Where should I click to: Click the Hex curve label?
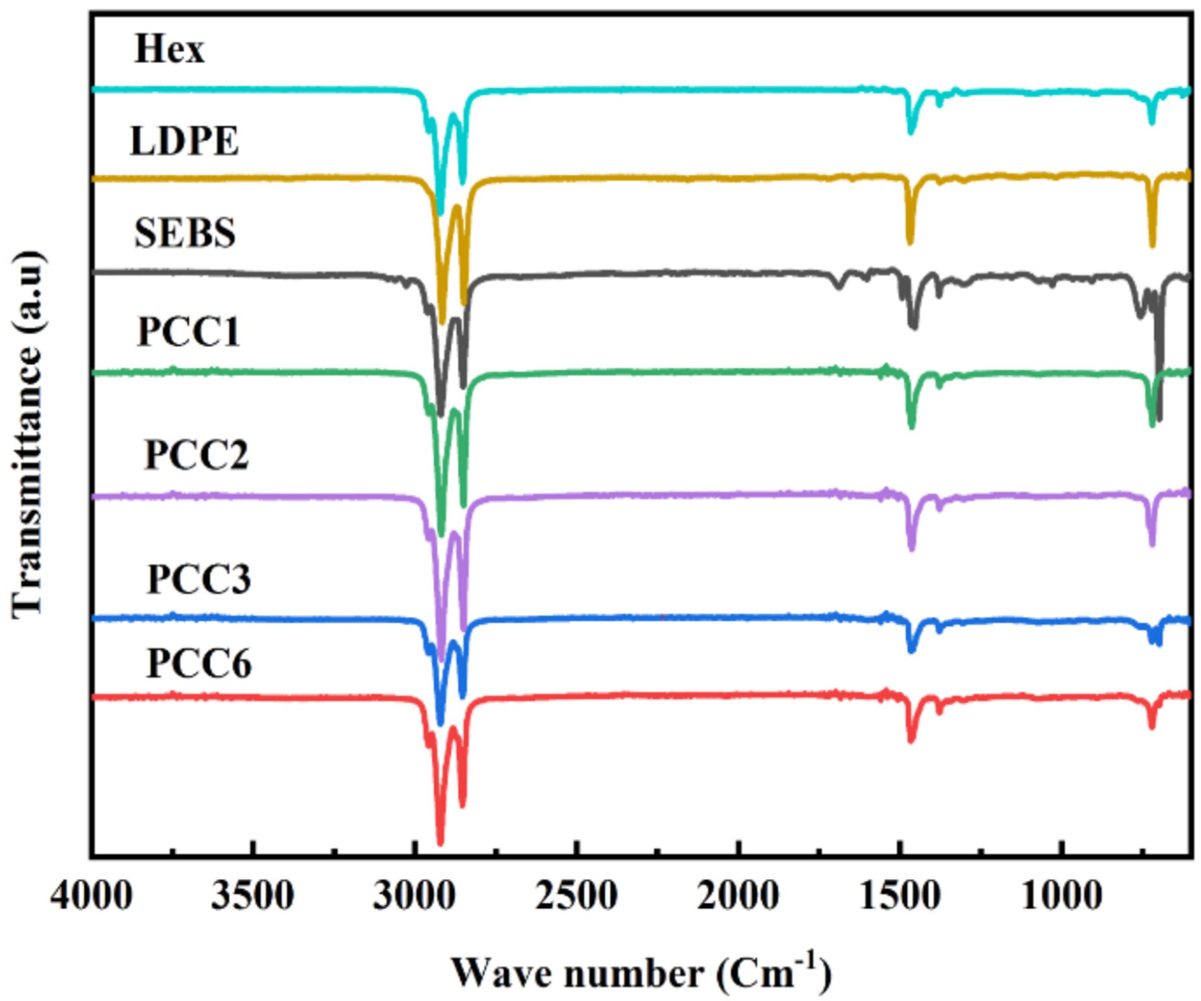tap(169, 50)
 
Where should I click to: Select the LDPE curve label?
tap(184, 141)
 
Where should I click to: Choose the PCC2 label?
tap(196, 455)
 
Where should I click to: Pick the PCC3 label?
tap(198, 579)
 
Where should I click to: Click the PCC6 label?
tap(198, 664)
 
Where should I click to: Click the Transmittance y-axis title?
tap(28, 435)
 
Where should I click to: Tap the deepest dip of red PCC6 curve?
tap(440, 842)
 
